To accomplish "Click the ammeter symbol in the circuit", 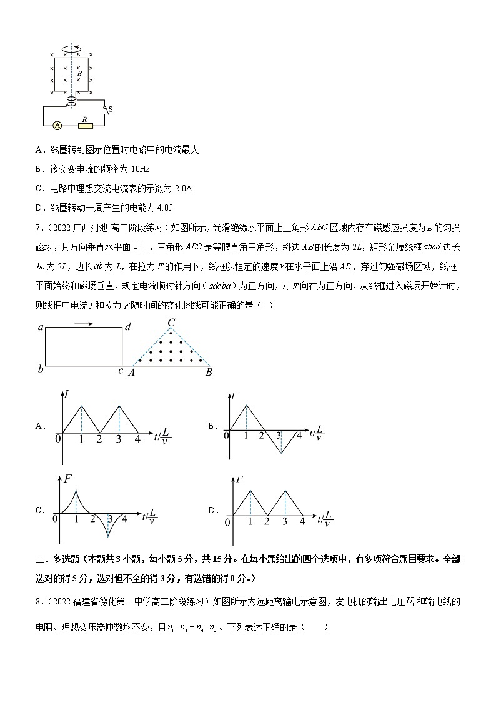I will pos(57,125).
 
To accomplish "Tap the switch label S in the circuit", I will pos(111,110).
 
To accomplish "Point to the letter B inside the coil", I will pos(79,73).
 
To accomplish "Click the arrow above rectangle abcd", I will pos(83,324).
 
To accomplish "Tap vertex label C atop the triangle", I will pos(171,323).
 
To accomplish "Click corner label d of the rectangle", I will pos(127,327).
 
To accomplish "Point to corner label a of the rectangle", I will pos(41,327).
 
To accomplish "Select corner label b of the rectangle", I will pos(41,369).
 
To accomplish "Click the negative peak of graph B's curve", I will pos(280,453).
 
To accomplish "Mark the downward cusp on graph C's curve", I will pos(109,536).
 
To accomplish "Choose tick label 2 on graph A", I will pos(99,439).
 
